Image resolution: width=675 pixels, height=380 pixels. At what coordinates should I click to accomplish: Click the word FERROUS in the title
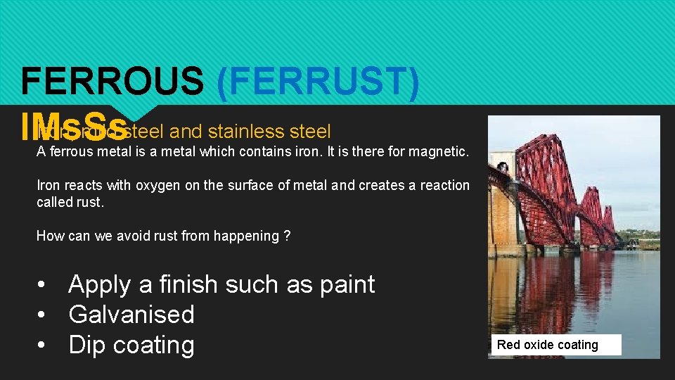(x=111, y=82)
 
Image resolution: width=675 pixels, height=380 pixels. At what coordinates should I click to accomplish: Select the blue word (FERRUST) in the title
(x=319, y=82)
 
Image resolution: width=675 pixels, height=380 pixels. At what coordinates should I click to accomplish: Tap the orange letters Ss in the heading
(x=107, y=129)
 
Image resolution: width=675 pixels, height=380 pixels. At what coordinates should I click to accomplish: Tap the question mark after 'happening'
(x=286, y=236)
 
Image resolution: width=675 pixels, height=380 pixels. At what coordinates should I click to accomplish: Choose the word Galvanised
(x=131, y=315)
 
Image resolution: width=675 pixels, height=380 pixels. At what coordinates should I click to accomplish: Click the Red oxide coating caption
(x=548, y=345)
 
